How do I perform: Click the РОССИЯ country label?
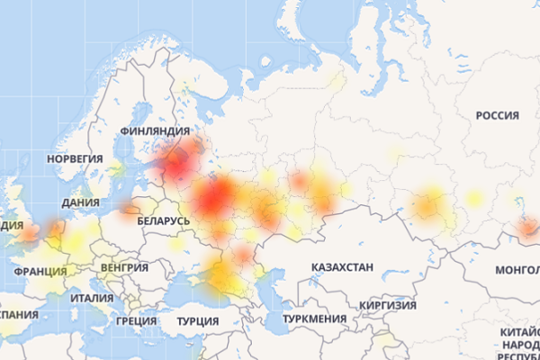498,116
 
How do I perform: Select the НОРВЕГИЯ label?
75,158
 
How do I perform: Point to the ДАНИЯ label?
81,203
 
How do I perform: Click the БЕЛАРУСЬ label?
164,220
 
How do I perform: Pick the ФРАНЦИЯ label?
40,270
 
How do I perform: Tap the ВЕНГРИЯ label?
125,268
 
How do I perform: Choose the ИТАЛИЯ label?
92,298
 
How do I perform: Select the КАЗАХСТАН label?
342,268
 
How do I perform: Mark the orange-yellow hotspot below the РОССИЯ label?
428,206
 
